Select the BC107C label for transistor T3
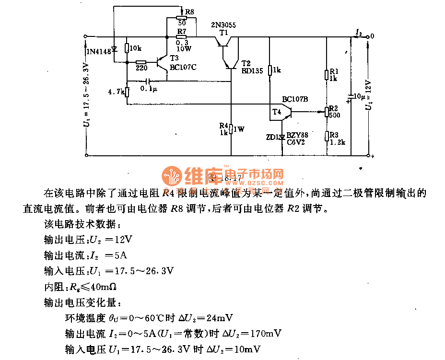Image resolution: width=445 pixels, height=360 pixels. click(x=183, y=67)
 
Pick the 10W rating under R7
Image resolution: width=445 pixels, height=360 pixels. click(x=183, y=48)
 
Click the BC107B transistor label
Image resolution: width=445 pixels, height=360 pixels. click(x=295, y=99)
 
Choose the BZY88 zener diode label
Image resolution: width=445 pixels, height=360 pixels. click(x=297, y=136)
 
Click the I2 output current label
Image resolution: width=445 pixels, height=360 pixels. click(x=358, y=32)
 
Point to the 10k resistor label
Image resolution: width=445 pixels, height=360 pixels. click(x=136, y=48)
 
